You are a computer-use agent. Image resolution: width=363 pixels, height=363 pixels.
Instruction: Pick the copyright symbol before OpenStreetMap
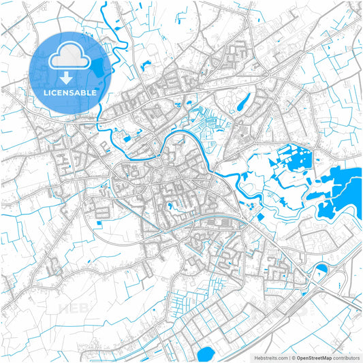[x=292, y=357]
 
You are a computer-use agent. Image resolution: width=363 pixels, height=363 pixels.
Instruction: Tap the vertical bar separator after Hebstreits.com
[x=287, y=357]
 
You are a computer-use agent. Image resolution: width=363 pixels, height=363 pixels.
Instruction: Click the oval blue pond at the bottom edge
[x=204, y=354]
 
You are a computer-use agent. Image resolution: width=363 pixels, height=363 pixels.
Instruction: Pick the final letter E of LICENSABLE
[x=93, y=91]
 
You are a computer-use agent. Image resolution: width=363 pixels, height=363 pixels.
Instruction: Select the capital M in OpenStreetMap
[x=325, y=357]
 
